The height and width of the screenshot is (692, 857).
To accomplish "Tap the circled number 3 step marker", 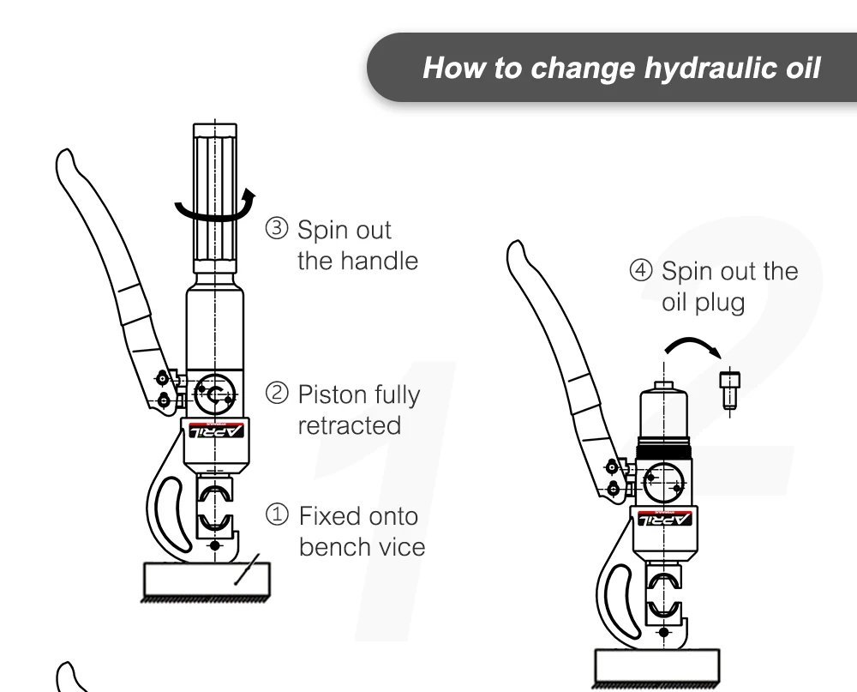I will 281,231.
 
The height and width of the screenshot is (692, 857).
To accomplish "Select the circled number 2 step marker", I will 281,394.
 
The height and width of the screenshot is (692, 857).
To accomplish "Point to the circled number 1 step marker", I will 281,516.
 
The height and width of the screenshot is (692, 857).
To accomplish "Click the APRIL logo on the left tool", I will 217,430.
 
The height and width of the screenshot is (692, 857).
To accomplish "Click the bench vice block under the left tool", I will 205,581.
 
